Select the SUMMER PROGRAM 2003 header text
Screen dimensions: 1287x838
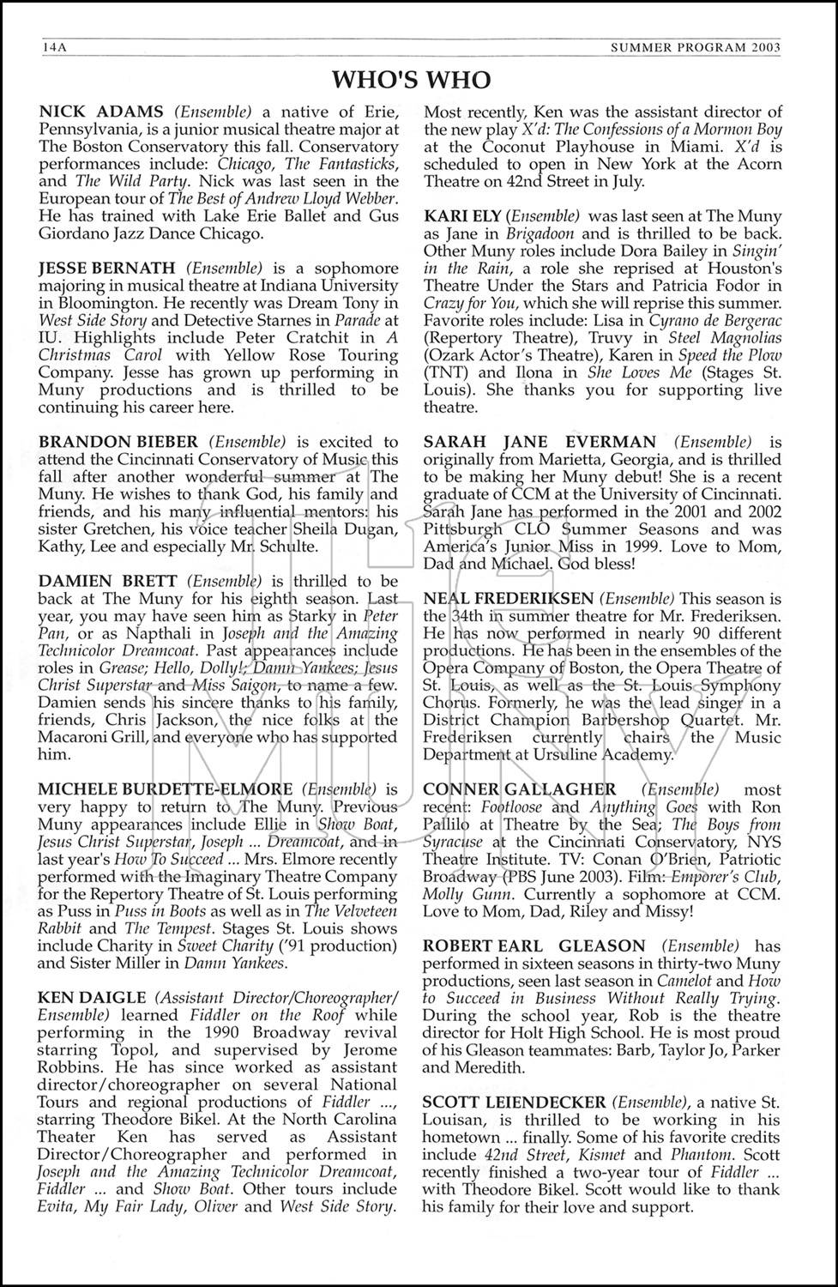pos(695,48)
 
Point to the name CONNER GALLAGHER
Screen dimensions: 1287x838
pos(520,789)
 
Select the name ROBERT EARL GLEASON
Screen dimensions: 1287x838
pos(534,946)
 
